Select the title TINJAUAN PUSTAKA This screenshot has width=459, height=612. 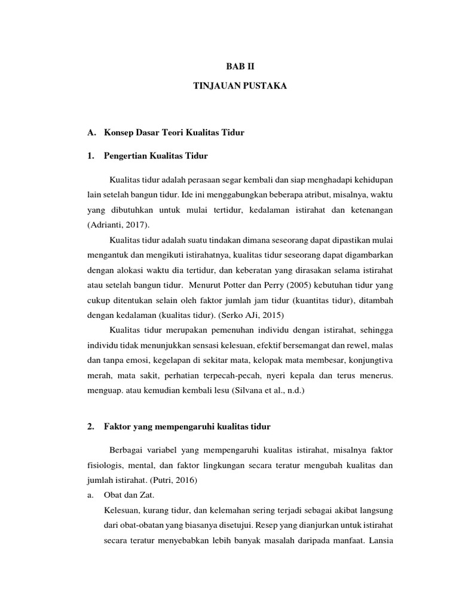pos(240,87)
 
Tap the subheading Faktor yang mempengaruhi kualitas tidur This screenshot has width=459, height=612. pos(187,426)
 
